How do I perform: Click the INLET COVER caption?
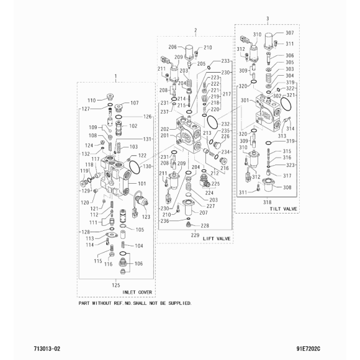[x=137, y=292]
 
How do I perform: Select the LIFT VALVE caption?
[x=217, y=239]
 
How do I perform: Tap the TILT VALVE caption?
[x=283, y=209]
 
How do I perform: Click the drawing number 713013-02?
[x=47, y=349]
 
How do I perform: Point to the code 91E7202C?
[x=308, y=349]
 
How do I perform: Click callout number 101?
[x=142, y=184]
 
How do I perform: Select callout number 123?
[x=146, y=217]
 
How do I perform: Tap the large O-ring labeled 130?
[x=135, y=168]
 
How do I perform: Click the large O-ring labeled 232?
[x=212, y=122]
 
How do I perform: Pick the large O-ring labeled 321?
[x=286, y=104]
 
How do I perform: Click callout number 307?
[x=289, y=33]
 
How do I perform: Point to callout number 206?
[x=173, y=47]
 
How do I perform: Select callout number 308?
[x=287, y=187]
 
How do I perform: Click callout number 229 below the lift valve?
[x=195, y=235]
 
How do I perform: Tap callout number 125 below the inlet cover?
[x=116, y=285]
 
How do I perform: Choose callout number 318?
[x=268, y=202]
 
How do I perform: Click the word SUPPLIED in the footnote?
[x=180, y=303]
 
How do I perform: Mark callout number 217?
[x=227, y=94]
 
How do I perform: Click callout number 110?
[x=92, y=101]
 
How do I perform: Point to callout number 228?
[x=205, y=226]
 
